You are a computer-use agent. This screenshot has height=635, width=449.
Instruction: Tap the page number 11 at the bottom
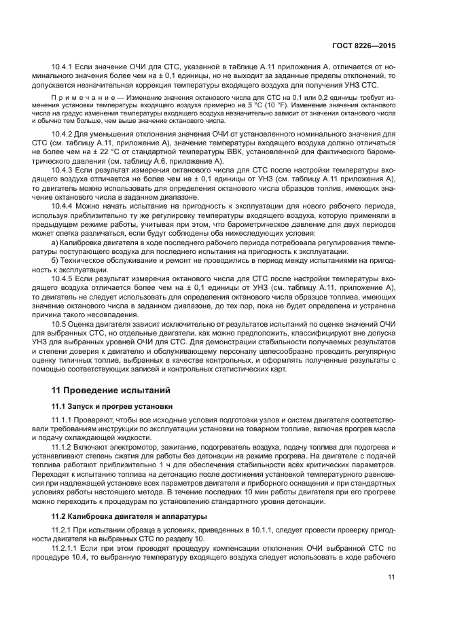tap(392, 577)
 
